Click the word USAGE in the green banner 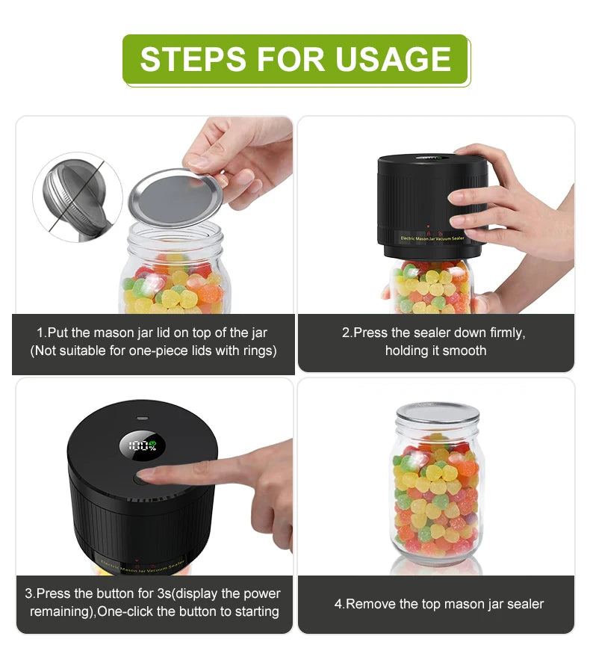pyautogui.click(x=393, y=59)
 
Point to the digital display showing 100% pyautogui.click(x=143, y=446)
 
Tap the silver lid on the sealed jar pyautogui.click(x=438, y=413)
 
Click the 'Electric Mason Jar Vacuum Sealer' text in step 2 pyautogui.click(x=432, y=238)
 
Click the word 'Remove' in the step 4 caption pyautogui.click(x=370, y=604)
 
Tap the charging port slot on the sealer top pyautogui.click(x=143, y=418)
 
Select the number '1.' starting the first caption pyautogui.click(x=41, y=333)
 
